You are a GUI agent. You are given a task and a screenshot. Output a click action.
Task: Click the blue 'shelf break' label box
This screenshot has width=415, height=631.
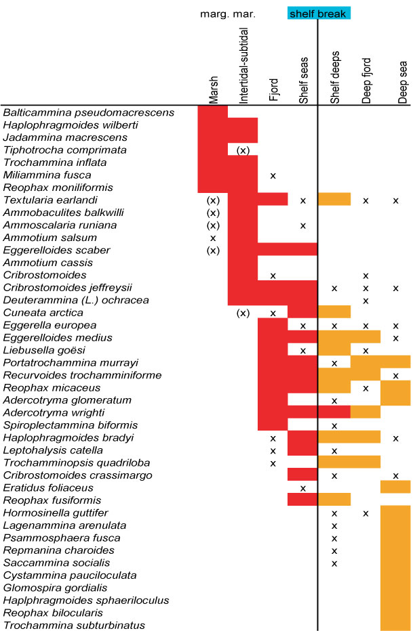pos(318,13)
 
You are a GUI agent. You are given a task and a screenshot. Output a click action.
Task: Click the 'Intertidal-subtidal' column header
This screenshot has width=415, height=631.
pos(244,66)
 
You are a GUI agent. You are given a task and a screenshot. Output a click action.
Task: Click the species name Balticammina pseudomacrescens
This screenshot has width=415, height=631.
pos(89,112)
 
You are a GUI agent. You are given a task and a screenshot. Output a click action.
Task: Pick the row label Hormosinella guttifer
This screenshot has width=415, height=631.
pos(58,513)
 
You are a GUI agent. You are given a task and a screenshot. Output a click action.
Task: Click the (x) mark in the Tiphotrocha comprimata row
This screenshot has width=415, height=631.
pos(243,150)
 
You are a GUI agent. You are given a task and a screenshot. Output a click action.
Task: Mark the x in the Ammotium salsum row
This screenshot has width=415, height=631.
pos(213,238)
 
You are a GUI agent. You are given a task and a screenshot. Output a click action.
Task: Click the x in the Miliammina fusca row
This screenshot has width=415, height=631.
pos(273,175)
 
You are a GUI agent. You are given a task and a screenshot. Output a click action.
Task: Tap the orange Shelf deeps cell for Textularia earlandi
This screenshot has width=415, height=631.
pos(334,200)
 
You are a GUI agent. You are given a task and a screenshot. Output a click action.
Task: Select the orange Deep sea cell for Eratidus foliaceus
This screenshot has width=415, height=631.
pos(395,487)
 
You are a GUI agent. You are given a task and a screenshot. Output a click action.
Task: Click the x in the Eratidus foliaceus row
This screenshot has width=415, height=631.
pos(303,487)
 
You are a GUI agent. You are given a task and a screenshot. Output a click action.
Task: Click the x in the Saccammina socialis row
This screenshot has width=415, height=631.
pos(334,563)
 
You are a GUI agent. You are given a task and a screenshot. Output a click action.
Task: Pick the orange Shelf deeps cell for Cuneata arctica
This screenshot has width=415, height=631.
pos(334,312)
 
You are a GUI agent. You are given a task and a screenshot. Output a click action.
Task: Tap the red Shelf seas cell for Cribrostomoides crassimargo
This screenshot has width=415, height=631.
pos(303,475)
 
